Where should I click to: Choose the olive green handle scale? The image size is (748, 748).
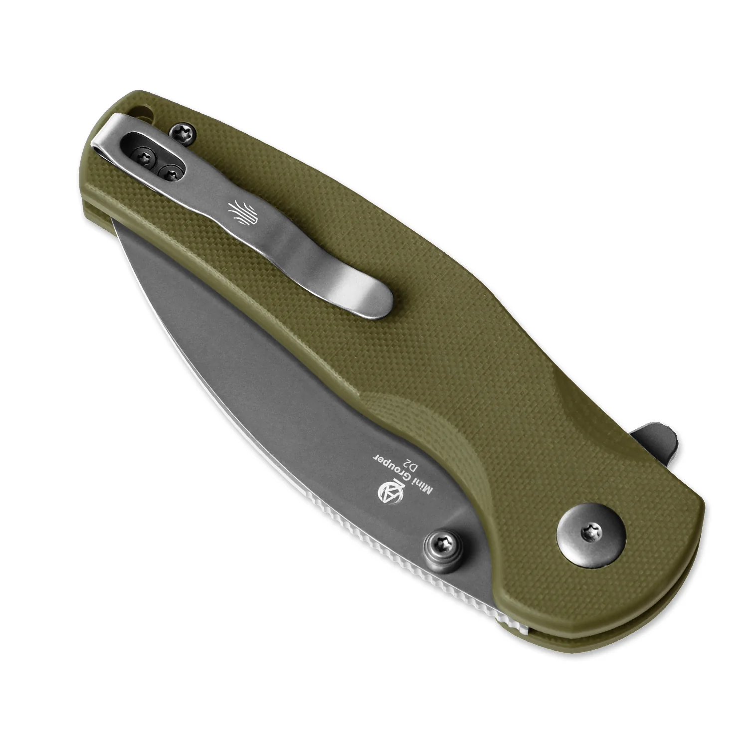point(449,299)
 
